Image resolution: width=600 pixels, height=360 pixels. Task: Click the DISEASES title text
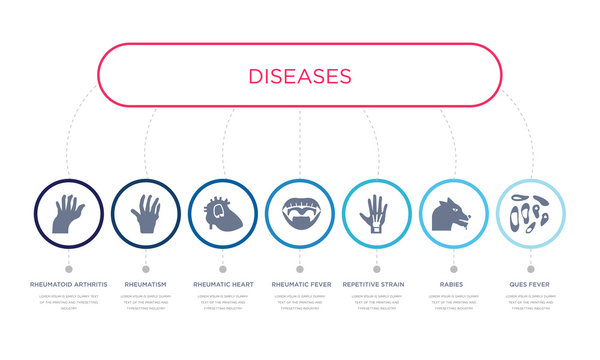click(300, 76)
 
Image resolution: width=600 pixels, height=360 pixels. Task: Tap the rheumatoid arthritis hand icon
click(69, 213)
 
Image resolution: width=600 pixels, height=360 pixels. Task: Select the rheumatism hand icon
click(146, 213)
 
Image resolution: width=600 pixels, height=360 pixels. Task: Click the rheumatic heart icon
click(223, 213)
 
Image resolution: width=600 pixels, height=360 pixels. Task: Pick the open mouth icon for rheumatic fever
click(300, 213)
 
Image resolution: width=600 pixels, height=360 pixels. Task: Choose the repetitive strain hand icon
click(377, 213)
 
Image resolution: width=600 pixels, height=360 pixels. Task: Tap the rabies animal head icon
click(454, 213)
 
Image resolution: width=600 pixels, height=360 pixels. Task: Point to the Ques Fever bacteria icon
click(531, 213)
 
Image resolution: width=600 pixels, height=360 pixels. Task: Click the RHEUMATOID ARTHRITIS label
click(69, 285)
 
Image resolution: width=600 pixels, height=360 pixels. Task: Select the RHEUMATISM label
click(146, 285)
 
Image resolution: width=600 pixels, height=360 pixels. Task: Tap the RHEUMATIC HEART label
click(223, 285)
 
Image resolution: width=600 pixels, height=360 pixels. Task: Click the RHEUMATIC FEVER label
click(300, 285)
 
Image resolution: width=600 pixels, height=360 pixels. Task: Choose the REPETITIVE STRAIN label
click(377, 285)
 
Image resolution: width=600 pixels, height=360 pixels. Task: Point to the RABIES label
click(454, 285)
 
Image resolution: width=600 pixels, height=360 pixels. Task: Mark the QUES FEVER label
click(531, 285)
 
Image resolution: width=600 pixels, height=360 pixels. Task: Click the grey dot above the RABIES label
click(454, 268)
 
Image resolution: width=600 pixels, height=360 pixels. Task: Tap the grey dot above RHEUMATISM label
click(146, 268)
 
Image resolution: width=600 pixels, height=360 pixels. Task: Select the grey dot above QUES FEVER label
click(531, 268)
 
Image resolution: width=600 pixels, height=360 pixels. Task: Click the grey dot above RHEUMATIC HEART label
click(223, 268)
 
